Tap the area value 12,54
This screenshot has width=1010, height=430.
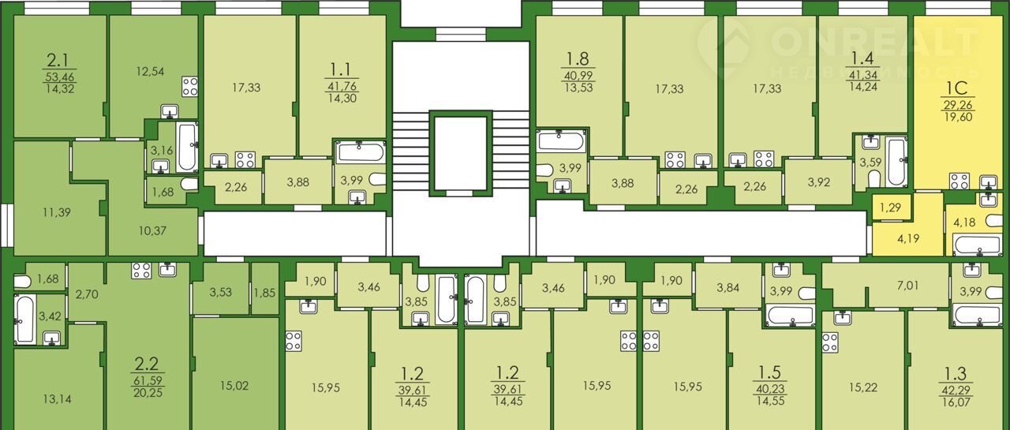pos(150,71)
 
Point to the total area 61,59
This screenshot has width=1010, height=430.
pos(148,381)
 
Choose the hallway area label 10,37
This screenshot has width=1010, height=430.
pos(152,230)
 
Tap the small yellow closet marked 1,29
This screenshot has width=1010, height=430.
pos(890,208)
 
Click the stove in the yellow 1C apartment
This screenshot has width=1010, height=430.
pos(959,181)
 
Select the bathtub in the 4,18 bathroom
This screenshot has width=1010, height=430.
pos(977,245)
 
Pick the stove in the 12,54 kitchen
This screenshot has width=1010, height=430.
pos(190,87)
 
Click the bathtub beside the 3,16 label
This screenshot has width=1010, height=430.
pos(187,146)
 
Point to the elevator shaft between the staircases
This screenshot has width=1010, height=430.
pos(460,153)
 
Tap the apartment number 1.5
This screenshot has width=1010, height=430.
pos(769,372)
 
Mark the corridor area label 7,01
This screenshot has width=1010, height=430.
pos(907,285)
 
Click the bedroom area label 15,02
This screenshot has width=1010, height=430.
pos(234,386)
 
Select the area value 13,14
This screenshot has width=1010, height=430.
pos(57,399)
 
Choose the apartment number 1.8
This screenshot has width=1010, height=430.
pos(578,59)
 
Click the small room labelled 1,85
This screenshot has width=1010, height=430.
pos(264,293)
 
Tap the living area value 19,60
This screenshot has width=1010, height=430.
pos(958,118)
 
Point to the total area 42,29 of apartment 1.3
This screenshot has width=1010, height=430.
pos(956,390)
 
